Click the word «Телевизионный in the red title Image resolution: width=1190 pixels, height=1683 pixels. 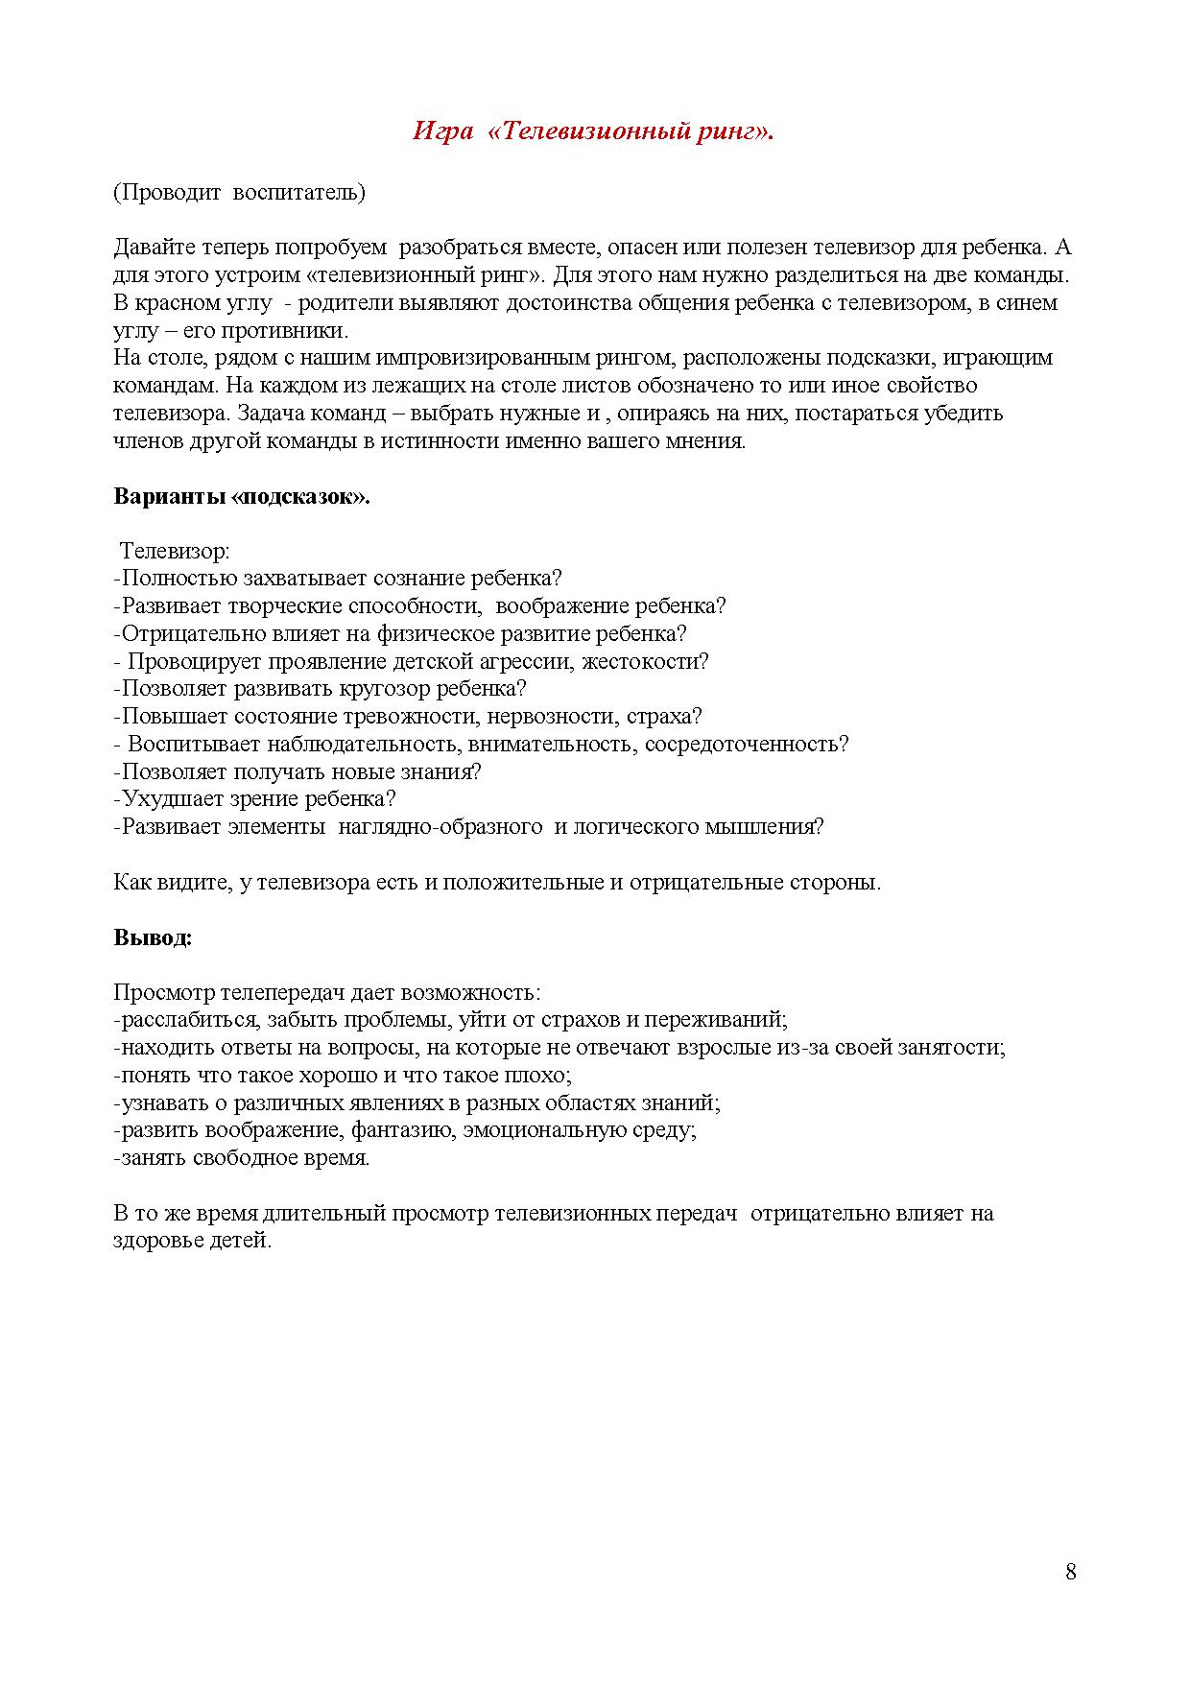click(x=590, y=131)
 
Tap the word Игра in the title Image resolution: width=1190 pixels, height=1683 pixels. click(x=441, y=131)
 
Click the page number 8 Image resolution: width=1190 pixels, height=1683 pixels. click(x=1071, y=1572)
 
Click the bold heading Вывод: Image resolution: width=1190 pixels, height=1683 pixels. click(x=153, y=937)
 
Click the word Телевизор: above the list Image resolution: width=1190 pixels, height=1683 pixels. click(x=175, y=551)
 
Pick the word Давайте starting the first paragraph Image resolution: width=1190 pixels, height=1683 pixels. click(x=155, y=248)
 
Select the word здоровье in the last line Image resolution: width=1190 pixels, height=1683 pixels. click(x=155, y=1241)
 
